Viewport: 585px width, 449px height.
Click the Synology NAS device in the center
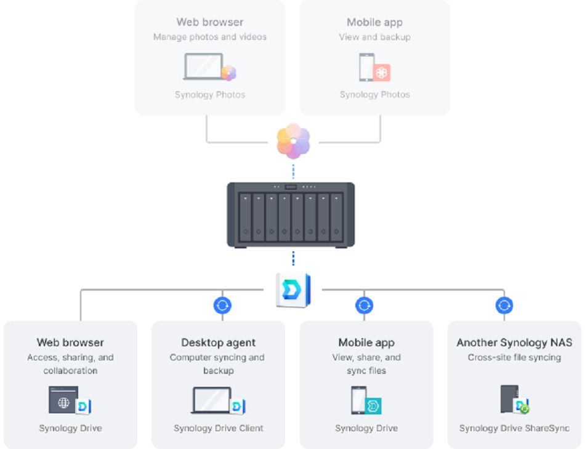click(291, 214)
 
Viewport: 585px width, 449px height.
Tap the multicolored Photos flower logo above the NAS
click(293, 140)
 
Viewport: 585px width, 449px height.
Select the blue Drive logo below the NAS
click(293, 290)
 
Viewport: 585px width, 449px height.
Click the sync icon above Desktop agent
click(222, 305)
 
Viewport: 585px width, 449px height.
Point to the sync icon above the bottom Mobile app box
click(364, 305)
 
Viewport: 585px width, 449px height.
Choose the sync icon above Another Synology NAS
click(504, 305)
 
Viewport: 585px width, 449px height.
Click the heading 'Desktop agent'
click(218, 342)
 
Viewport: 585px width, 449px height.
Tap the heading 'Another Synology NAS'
click(514, 342)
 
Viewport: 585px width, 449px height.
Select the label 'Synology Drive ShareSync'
click(514, 428)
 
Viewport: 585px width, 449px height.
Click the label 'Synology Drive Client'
click(218, 428)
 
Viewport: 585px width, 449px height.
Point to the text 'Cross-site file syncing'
click(514, 357)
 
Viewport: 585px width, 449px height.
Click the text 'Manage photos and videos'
click(210, 37)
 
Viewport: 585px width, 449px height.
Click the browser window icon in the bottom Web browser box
click(64, 400)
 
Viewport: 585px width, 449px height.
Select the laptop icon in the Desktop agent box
click(211, 400)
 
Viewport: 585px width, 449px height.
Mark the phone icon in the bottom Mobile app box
click(358, 400)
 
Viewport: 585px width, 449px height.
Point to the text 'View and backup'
click(374, 37)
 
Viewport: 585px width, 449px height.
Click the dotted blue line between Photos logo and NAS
click(293, 170)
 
